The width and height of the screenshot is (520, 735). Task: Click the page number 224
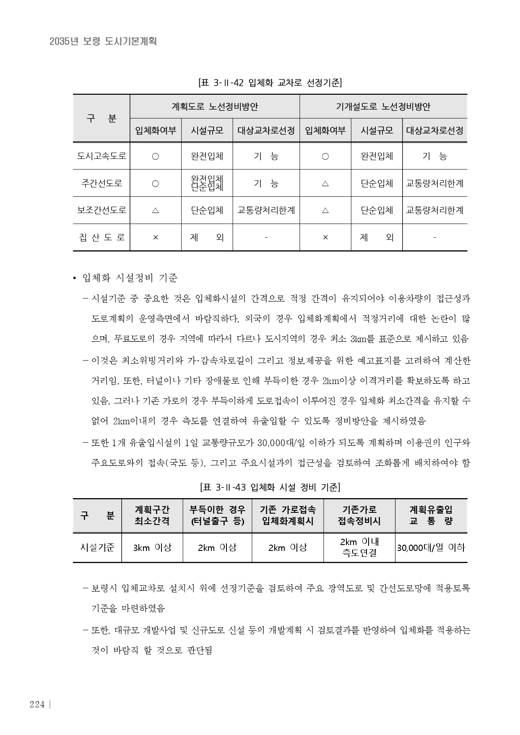[37, 704]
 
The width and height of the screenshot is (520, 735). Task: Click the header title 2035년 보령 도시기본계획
[103, 41]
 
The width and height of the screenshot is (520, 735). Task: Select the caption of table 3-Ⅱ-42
[270, 83]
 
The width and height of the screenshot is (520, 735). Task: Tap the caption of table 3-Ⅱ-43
[270, 487]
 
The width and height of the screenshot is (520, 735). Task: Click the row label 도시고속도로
[101, 156]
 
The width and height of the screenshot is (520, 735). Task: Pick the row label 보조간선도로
[101, 210]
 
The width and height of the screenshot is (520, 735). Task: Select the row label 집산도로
[101, 237]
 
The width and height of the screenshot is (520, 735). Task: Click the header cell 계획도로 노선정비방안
[215, 106]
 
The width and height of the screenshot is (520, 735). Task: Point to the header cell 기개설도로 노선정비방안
[383, 106]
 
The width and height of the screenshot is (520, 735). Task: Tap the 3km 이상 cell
[152, 547]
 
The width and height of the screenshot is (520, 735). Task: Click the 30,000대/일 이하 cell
[431, 547]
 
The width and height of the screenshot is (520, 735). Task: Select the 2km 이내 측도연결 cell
[359, 547]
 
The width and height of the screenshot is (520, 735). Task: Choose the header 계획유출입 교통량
[431, 515]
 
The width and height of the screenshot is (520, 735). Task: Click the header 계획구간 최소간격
[152, 515]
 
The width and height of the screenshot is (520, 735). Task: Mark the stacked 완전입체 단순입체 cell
[207, 183]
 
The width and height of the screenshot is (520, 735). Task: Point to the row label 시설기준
[97, 547]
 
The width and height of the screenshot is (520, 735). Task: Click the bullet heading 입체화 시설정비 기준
[130, 278]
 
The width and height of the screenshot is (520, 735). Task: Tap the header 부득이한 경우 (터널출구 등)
[217, 515]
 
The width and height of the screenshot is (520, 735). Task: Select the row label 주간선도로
[101, 183]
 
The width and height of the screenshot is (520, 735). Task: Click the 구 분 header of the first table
[101, 118]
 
